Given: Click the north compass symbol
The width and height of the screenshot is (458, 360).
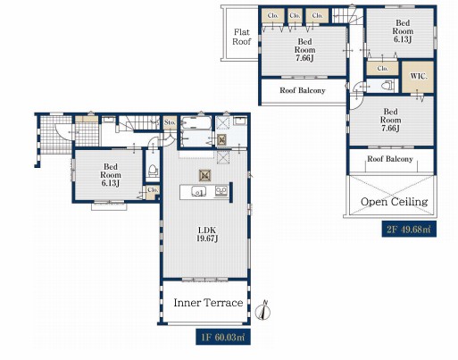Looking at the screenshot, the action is coord(263,310).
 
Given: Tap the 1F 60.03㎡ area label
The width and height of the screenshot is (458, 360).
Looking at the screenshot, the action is coord(223,337).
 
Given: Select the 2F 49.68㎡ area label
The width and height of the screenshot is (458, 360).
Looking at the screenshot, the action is coord(409,229).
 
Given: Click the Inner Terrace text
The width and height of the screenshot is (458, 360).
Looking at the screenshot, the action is coord(208,303).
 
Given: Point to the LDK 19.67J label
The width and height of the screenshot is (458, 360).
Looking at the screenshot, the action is coord(207,234).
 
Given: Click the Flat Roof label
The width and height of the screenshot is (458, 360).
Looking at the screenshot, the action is coord(242,37).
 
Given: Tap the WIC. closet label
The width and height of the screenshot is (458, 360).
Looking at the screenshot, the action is coord(419,76).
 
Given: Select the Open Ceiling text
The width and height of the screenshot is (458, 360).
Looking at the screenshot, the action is coord(395,202).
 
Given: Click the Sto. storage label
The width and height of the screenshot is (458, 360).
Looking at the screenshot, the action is coord(170,122).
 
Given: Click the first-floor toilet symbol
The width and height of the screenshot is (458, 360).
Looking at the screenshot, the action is coord(153,171).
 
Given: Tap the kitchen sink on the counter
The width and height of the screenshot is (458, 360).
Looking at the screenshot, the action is coord(198,191).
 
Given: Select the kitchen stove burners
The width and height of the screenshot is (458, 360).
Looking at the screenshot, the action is coord(221,191).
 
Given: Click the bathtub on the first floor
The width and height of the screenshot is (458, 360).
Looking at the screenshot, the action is coord(196,123).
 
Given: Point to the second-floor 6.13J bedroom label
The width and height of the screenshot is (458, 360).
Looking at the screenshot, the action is coord(403,31).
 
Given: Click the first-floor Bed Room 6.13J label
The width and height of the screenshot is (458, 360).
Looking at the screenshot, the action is coord(111,175).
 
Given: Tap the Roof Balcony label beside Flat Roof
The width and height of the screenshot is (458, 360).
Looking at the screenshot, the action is coord(303,90).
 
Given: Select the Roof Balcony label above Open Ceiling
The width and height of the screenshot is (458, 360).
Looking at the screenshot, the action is coord(390,159).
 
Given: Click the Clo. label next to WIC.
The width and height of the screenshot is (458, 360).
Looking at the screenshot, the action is coord(382,68).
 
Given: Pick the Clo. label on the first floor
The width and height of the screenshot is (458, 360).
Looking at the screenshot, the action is coord(153,189).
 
